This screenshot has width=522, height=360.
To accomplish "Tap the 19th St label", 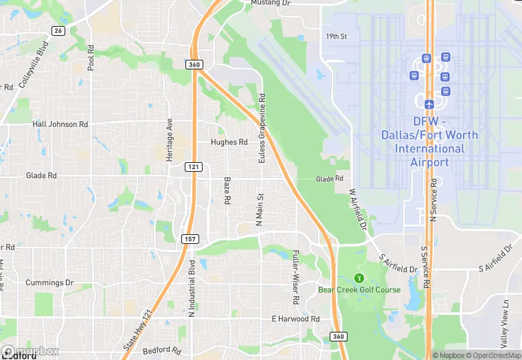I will pos(337,36).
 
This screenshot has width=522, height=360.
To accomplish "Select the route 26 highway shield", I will pos(58,31).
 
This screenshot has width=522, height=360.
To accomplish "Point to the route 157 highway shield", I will pos(190,238).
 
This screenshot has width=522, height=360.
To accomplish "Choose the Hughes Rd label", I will pos(229,142).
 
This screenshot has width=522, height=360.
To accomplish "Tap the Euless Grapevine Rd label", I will pos(261,128).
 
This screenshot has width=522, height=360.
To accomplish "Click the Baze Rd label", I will pos(227,190).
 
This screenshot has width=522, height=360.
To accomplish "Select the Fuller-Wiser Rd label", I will pos(295,278).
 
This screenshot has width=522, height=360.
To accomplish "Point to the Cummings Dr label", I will pos(49,282).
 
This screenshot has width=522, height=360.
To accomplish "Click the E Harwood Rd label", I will pos(295,319).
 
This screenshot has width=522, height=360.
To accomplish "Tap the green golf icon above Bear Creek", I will pos(358,278).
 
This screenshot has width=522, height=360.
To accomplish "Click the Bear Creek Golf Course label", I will pos(359,290).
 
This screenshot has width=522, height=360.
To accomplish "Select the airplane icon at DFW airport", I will pos(429,104).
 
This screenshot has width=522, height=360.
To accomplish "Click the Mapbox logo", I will pos(30,351).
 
